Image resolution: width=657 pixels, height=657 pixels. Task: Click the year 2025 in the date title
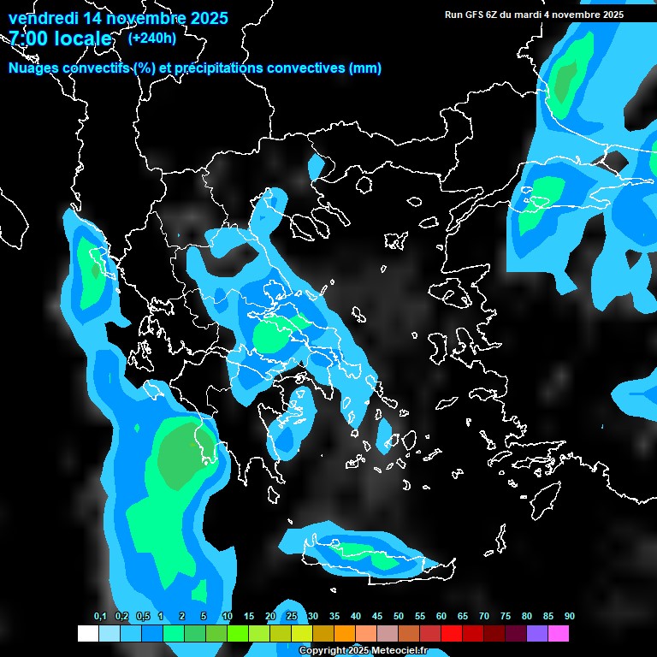pos(204,18)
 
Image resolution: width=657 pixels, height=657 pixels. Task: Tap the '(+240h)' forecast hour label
pos(151,38)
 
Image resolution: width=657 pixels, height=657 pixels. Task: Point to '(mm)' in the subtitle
pos(364,68)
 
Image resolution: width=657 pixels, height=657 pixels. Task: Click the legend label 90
pos(569,616)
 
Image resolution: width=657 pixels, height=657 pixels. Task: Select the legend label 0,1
pos(100,616)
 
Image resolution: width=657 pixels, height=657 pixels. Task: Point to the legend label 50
pos(399,616)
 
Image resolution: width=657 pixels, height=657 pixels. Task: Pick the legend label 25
pos(292,616)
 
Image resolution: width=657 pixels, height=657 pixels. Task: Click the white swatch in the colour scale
pos(87,634)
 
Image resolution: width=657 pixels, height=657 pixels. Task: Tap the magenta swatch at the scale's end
pos(559,634)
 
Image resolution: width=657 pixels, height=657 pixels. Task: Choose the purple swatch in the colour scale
pos(537,634)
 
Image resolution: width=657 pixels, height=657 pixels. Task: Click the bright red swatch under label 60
pos(452,634)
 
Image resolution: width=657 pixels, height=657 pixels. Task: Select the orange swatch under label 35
pos(345,634)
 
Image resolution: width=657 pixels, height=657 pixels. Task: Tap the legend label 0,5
pos(144,616)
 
